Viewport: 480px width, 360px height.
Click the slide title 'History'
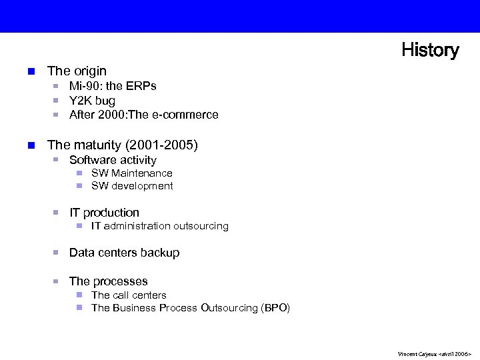pyautogui.click(x=429, y=50)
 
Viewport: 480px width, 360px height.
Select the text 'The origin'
pyautogui.click(x=77, y=71)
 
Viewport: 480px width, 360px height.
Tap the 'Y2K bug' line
pyautogui.click(x=92, y=101)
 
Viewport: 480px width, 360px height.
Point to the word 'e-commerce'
pyautogui.click(x=189, y=115)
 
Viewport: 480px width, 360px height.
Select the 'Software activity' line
pyautogui.click(x=113, y=160)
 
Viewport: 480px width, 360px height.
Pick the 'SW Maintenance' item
pyautogui.click(x=131, y=173)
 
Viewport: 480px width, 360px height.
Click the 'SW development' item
pyautogui.click(x=132, y=186)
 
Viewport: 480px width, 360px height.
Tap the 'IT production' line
pyautogui.click(x=104, y=213)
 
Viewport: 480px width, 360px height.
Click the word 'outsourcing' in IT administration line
pyautogui.click(x=201, y=226)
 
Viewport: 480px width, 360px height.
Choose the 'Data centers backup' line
pyautogui.click(x=124, y=253)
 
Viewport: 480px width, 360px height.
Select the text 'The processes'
pyautogui.click(x=108, y=281)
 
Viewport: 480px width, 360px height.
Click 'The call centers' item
pyautogui.click(x=129, y=295)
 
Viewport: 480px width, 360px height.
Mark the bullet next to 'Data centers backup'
pyautogui.click(x=57, y=253)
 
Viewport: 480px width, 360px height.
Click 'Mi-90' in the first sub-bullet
pyautogui.click(x=84, y=86)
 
